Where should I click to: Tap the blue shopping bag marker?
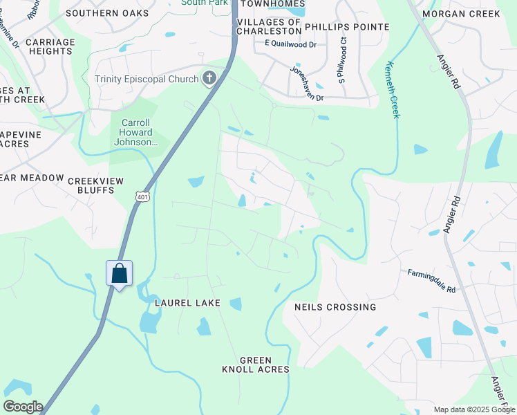point(119,273)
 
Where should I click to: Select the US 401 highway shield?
point(142,197)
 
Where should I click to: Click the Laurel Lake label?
point(187,303)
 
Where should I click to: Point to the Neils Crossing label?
point(335,306)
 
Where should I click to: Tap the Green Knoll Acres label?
point(256,365)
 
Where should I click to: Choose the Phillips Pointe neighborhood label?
point(347,27)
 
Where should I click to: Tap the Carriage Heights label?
point(50,46)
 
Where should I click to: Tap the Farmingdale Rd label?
point(431,281)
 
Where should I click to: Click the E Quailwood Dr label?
point(290,44)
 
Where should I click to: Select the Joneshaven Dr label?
point(307,84)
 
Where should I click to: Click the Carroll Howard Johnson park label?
point(135,132)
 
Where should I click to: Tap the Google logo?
point(23,407)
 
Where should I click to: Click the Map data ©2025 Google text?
point(473,409)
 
